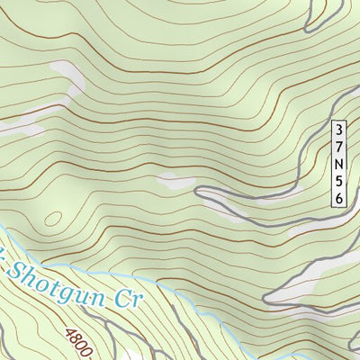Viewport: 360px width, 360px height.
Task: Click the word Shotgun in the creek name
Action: click(63, 279)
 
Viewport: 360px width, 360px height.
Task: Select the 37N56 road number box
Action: click(338, 164)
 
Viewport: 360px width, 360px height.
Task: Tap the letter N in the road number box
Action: click(338, 164)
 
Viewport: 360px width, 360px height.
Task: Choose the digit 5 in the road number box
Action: click(338, 180)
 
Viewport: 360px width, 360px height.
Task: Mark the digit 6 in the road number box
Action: click(338, 197)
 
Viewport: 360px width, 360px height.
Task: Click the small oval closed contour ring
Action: click(52, 218)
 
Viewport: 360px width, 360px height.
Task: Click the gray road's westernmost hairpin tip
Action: click(197, 190)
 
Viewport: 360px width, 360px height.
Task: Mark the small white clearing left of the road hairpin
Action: click(173, 180)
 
